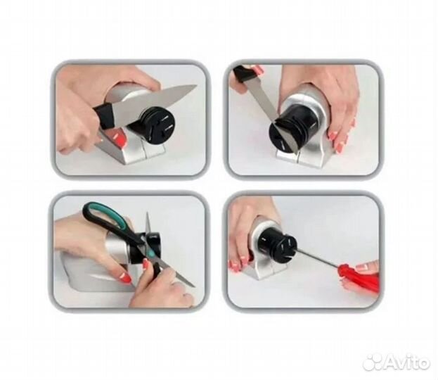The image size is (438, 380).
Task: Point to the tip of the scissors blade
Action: tap(193, 286)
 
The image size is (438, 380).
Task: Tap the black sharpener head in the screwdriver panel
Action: tap(275, 246)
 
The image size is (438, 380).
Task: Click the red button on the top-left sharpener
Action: tap(120, 137)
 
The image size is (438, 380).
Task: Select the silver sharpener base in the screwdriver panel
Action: tap(262, 252)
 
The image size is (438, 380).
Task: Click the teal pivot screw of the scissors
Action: tap(151, 254)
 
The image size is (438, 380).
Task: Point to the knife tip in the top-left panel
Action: tap(197, 86)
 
